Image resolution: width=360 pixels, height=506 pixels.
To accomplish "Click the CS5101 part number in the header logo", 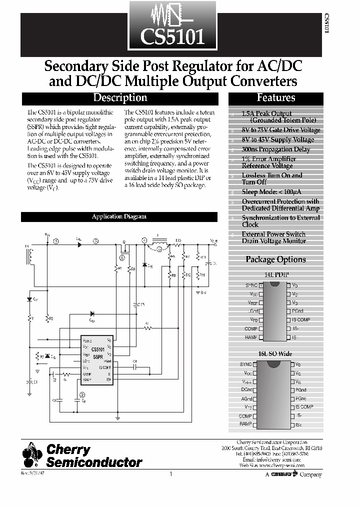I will [x=172, y=37].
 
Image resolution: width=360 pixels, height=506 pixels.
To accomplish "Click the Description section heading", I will [x=120, y=98].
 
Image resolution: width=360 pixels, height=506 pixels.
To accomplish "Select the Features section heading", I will [x=275, y=98].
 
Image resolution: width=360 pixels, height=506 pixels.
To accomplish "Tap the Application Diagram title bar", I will [x=119, y=216].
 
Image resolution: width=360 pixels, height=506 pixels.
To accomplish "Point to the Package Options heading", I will [x=275, y=259].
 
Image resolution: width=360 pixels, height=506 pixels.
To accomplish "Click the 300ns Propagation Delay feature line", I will [x=276, y=149].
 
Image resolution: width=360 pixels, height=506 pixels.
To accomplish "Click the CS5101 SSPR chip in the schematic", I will [x=98, y=352].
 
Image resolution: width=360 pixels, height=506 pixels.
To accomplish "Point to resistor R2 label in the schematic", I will [x=51, y=318].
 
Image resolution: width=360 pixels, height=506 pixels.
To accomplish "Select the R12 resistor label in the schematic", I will [x=188, y=275].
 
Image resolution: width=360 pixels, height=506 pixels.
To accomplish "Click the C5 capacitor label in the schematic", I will [x=142, y=304].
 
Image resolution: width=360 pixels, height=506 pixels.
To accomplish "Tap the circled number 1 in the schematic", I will [x=56, y=241].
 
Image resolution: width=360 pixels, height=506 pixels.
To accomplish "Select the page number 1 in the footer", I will [x=171, y=474].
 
